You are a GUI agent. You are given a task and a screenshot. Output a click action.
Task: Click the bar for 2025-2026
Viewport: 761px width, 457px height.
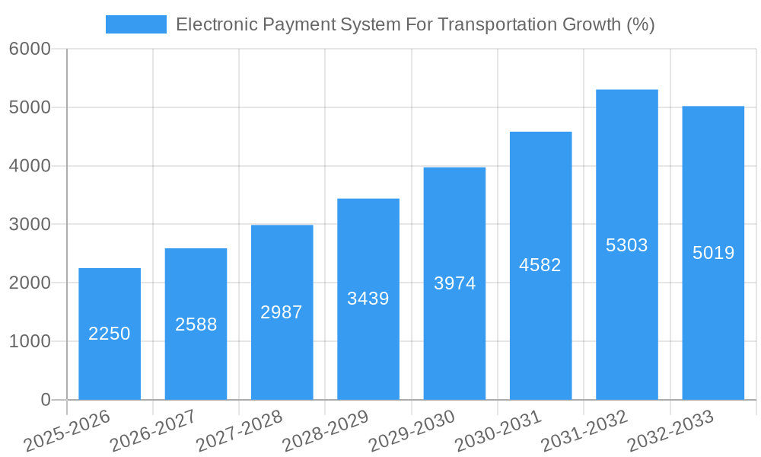pyautogui.click(x=110, y=366)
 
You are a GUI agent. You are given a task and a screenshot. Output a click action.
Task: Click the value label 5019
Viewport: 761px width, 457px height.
pyautogui.click(x=713, y=253)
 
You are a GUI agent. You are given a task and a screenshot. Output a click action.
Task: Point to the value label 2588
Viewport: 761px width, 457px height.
pyautogui.click(x=196, y=324)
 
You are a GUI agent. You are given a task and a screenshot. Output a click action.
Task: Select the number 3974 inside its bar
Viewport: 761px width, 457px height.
pyautogui.click(x=454, y=283)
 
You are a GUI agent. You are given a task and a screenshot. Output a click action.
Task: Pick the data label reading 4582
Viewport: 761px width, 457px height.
pyautogui.click(x=540, y=265)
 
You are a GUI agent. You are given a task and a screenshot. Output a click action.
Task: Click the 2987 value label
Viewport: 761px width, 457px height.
pyautogui.click(x=282, y=312)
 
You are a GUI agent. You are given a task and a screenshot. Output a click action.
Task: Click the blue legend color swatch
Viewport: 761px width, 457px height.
pyautogui.click(x=135, y=24)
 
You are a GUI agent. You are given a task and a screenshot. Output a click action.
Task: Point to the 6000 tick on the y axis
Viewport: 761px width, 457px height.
pyautogui.click(x=30, y=50)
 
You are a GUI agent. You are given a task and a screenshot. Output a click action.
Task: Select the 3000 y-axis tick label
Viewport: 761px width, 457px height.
pyautogui.click(x=30, y=225)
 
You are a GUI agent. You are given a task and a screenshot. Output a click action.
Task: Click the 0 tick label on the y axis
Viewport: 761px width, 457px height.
pyautogui.click(x=45, y=400)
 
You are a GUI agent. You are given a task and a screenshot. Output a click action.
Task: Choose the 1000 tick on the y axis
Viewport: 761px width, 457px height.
pyautogui.click(x=30, y=341)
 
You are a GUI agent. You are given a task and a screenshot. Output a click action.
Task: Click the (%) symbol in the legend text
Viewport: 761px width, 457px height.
pyautogui.click(x=639, y=24)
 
